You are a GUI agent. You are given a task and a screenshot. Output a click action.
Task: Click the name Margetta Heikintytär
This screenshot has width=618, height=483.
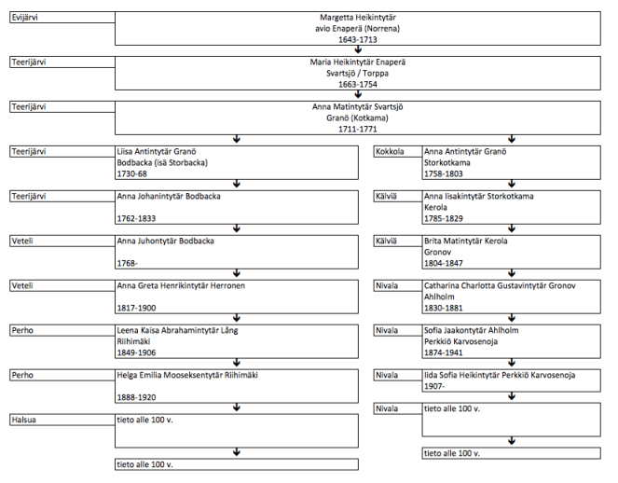coord(358,19)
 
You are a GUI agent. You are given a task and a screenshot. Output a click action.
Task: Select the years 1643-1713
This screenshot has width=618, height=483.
coord(358,40)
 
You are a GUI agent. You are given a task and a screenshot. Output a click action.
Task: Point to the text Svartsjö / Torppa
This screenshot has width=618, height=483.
coord(358,73)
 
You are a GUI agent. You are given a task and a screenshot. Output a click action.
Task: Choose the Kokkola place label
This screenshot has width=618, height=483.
coord(390,151)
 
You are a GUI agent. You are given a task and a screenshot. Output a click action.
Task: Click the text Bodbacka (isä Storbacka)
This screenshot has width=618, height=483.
coord(161,162)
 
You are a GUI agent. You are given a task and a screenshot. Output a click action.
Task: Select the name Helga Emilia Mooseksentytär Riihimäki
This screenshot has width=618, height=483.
coord(186,375)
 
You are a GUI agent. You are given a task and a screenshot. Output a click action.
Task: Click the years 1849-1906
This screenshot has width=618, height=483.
coord(137,352)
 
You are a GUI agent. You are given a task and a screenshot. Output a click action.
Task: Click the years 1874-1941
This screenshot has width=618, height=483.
coord(445,352)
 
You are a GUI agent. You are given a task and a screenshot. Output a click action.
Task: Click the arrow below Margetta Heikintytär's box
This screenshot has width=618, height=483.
coord(358,50)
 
